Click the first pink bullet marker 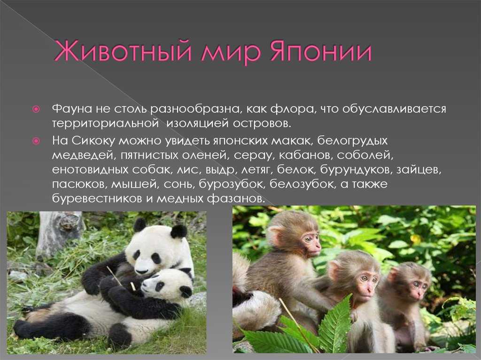tap(36, 109)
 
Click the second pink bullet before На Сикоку tap(36, 141)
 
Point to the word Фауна tap(72, 109)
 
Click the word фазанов tap(235, 199)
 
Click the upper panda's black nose tap(141, 271)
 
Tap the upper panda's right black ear tap(179, 231)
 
